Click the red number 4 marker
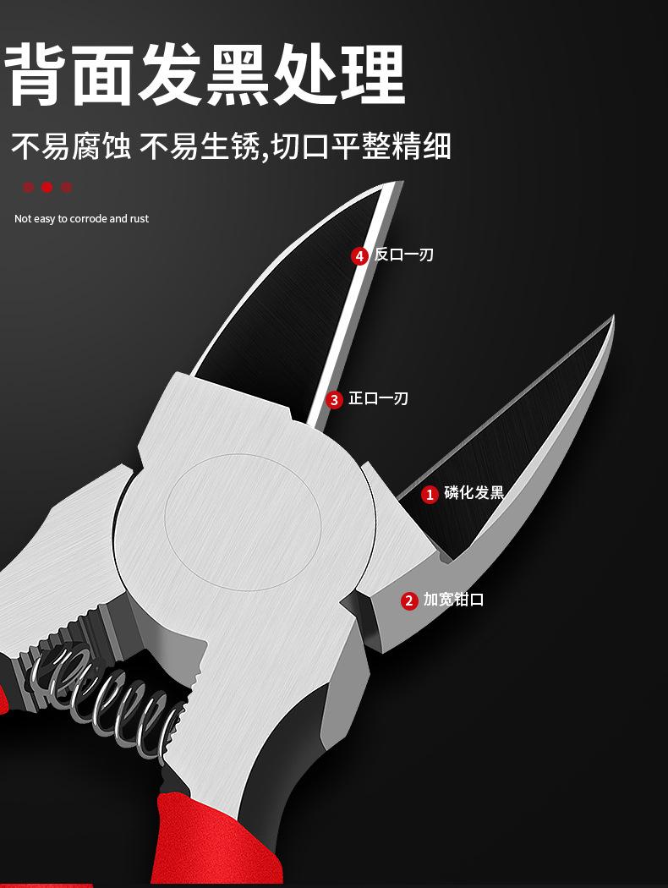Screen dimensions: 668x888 (x=359, y=255)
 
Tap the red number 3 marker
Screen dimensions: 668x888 (x=334, y=399)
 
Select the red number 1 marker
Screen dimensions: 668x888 (x=430, y=494)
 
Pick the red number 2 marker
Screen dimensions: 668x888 (x=409, y=600)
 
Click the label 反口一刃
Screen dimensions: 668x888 (x=404, y=255)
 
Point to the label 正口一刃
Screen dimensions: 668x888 (x=379, y=398)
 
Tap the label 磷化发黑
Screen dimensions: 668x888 (x=474, y=493)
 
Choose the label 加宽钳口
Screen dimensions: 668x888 (x=454, y=600)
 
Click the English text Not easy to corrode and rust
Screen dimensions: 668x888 (x=81, y=219)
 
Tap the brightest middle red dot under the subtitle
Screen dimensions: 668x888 (x=47, y=187)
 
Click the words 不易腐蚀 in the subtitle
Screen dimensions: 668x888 (x=71, y=146)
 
